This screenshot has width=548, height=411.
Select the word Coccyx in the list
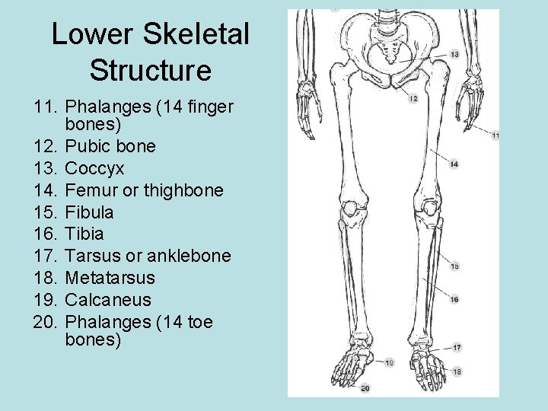pyautogui.click(x=94, y=167)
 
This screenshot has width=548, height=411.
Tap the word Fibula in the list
pyautogui.click(x=89, y=212)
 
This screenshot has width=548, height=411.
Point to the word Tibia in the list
pyautogui.click(x=84, y=234)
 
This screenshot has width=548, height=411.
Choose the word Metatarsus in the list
pyautogui.click(x=110, y=278)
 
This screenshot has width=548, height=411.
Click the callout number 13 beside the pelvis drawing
pyautogui.click(x=454, y=55)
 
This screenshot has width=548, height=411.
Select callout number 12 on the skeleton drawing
pyautogui.click(x=413, y=98)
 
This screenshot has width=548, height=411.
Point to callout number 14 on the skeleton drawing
pyautogui.click(x=454, y=164)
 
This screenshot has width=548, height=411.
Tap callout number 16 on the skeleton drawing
pyautogui.click(x=454, y=299)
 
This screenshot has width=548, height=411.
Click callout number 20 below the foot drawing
pyautogui.click(x=365, y=388)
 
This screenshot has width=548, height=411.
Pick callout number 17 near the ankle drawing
pyautogui.click(x=457, y=347)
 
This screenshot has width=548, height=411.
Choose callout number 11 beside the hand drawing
pyautogui.click(x=495, y=135)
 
